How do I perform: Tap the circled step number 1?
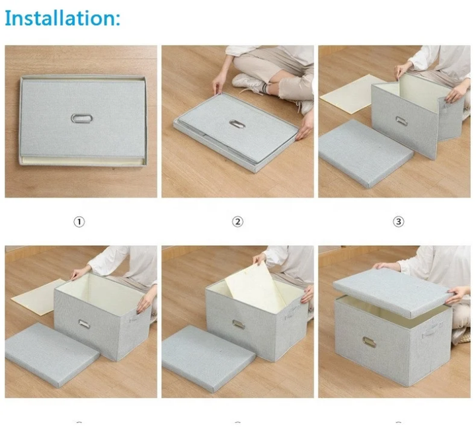pos(79,221)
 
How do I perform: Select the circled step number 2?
pos(238,221)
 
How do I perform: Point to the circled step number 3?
pos(398,221)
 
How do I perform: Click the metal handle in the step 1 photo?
pos(82,118)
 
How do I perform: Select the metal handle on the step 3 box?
pos(401,120)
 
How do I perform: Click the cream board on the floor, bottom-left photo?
pos(36,296)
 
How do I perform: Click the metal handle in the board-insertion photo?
pos(238,325)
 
